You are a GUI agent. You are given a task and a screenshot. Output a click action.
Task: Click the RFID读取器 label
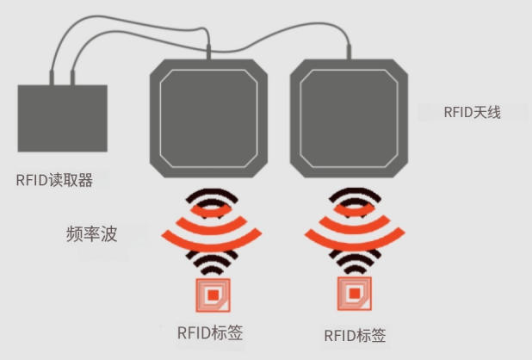(54, 180)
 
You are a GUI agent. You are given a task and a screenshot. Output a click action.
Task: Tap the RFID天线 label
(473, 112)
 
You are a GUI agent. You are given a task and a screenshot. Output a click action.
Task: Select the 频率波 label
(91, 234)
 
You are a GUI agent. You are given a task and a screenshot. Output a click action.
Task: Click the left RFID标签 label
(210, 332)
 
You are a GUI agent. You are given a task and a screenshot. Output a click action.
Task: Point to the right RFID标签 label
(355, 336)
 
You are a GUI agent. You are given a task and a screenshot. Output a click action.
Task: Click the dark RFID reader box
(63, 118)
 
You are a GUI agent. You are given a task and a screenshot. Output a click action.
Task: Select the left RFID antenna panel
(208, 118)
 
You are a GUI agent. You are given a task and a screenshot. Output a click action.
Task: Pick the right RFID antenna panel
(349, 118)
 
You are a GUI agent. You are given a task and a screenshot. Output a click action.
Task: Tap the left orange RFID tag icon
(213, 295)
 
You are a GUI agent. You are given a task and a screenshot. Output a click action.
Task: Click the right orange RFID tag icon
(355, 294)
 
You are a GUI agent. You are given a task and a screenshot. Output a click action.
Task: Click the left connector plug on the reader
(52, 78)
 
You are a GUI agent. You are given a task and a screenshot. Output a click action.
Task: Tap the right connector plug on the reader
(72, 78)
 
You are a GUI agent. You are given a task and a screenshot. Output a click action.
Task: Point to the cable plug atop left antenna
(208, 52)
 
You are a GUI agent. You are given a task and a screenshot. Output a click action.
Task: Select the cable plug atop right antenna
(349, 52)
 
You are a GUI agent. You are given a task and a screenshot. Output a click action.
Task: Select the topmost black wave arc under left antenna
(212, 191)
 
